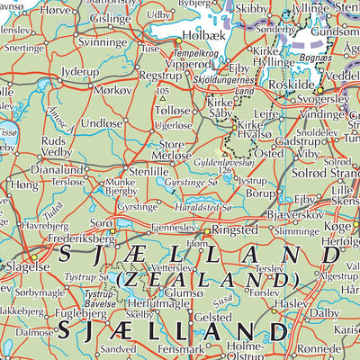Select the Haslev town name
290,304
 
